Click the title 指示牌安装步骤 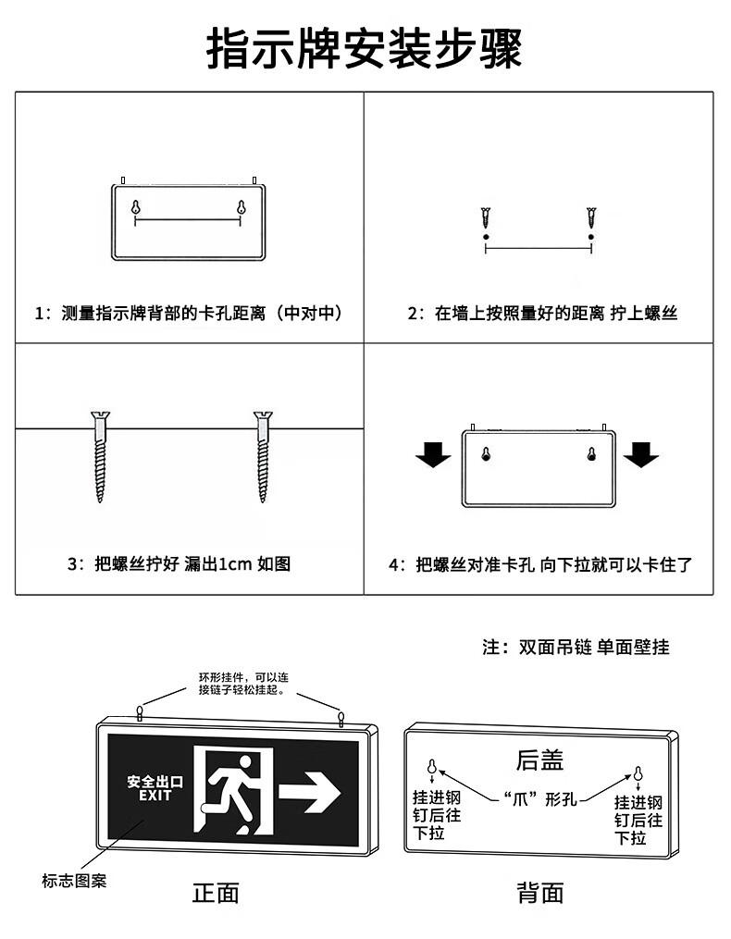pyautogui.click(x=365, y=48)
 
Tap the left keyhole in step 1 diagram pyautogui.click(x=136, y=207)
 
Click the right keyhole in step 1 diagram pyautogui.click(x=241, y=207)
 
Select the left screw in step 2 pyautogui.click(x=486, y=217)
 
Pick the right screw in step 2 pyautogui.click(x=591, y=217)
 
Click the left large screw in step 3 pyautogui.click(x=100, y=456)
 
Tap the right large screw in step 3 pyautogui.click(x=263, y=456)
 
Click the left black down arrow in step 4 pyautogui.click(x=433, y=454)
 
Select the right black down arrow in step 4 pyautogui.click(x=641, y=454)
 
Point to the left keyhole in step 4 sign pyautogui.click(x=487, y=453)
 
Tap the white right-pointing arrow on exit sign pyautogui.click(x=310, y=792)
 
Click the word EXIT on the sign pyautogui.click(x=155, y=796)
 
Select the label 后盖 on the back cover pyautogui.click(x=539, y=760)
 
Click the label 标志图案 pyautogui.click(x=74, y=881)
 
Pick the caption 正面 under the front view pyautogui.click(x=216, y=893)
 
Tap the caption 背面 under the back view pyautogui.click(x=540, y=893)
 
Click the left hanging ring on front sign pyautogui.click(x=140, y=712)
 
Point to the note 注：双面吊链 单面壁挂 pyautogui.click(x=576, y=647)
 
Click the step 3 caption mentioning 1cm pyautogui.click(x=180, y=563)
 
